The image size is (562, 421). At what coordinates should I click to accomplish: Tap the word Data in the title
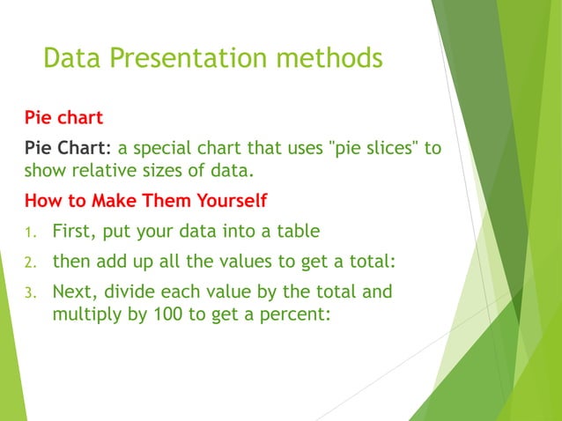[71, 58]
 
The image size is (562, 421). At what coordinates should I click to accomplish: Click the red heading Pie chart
[63, 117]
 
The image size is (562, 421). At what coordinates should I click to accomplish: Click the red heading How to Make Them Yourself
[145, 201]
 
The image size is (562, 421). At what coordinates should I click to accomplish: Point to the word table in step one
[294, 233]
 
